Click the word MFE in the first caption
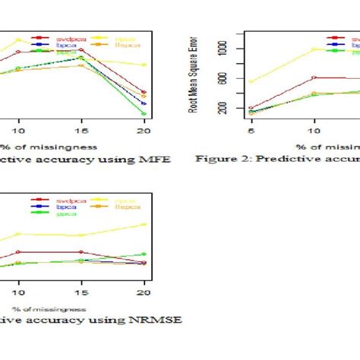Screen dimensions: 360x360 coord(155,159)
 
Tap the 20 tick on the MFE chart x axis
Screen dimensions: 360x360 coord(144,131)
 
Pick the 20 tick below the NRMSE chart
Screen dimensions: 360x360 coord(144,292)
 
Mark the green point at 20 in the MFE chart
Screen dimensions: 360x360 coord(144,114)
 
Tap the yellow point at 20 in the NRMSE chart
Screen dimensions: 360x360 coord(144,224)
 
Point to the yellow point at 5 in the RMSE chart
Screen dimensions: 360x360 coord(251,82)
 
